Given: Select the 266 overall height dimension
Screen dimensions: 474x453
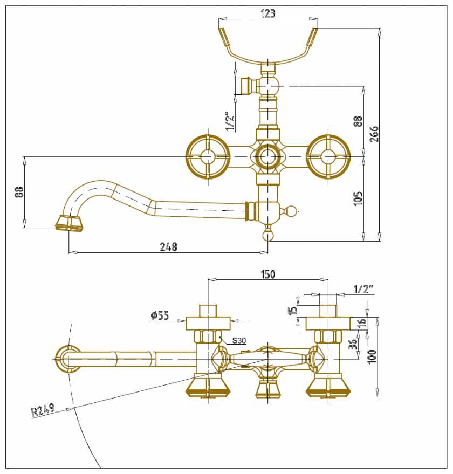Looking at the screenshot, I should coord(374,133).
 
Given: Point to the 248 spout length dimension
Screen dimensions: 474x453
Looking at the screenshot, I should coord(168,246).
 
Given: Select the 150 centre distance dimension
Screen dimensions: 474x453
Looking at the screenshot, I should coord(268,274).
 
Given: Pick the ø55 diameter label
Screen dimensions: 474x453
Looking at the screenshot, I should coord(160,316).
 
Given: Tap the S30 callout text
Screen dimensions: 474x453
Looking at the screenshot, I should coord(239,341).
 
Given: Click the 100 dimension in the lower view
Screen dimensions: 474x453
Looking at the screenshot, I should coord(373,356).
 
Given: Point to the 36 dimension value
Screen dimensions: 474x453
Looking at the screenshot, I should coord(353,344).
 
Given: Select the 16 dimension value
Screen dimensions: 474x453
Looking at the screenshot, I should coord(362,323).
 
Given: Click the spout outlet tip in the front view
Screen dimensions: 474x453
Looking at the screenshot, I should coord(69,223).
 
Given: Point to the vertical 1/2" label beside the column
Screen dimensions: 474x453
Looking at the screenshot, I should coord(230,121).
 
